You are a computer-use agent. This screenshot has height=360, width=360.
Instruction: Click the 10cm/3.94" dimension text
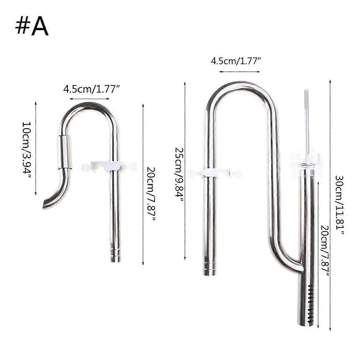pos(27,150)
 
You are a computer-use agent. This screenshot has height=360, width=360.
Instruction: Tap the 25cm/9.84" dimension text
pos(179,174)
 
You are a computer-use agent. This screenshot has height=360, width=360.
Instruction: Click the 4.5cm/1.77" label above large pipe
pos(236,61)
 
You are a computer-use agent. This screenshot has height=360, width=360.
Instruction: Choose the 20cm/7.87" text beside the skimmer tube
pos(325,250)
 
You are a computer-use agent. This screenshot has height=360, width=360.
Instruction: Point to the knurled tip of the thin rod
pos(306,96)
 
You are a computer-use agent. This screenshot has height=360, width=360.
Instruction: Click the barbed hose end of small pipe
pos(115,255)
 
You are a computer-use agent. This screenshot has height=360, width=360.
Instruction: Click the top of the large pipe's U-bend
pos(239,85)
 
